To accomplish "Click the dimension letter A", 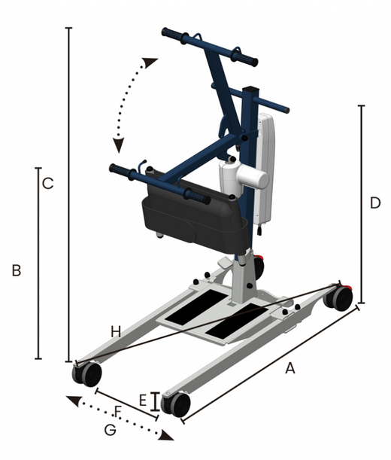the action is [290, 368].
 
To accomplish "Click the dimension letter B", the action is [17, 270].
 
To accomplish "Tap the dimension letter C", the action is [48, 184].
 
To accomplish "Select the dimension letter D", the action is [375, 203].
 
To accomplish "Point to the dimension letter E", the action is [143, 401].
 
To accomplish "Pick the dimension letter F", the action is [117, 412].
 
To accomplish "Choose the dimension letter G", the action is [111, 431].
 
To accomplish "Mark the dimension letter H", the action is [116, 332].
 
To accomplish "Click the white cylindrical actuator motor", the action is [244, 177].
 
